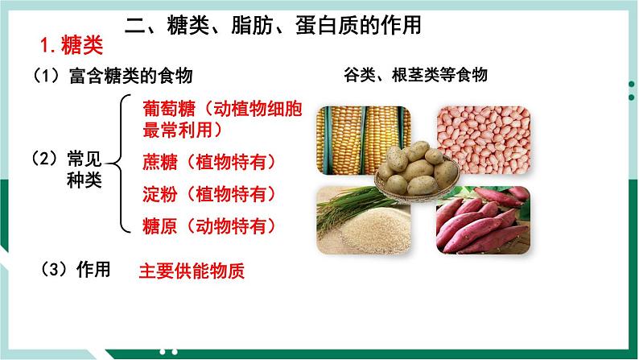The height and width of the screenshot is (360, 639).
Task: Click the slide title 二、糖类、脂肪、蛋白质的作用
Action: (x=274, y=26)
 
